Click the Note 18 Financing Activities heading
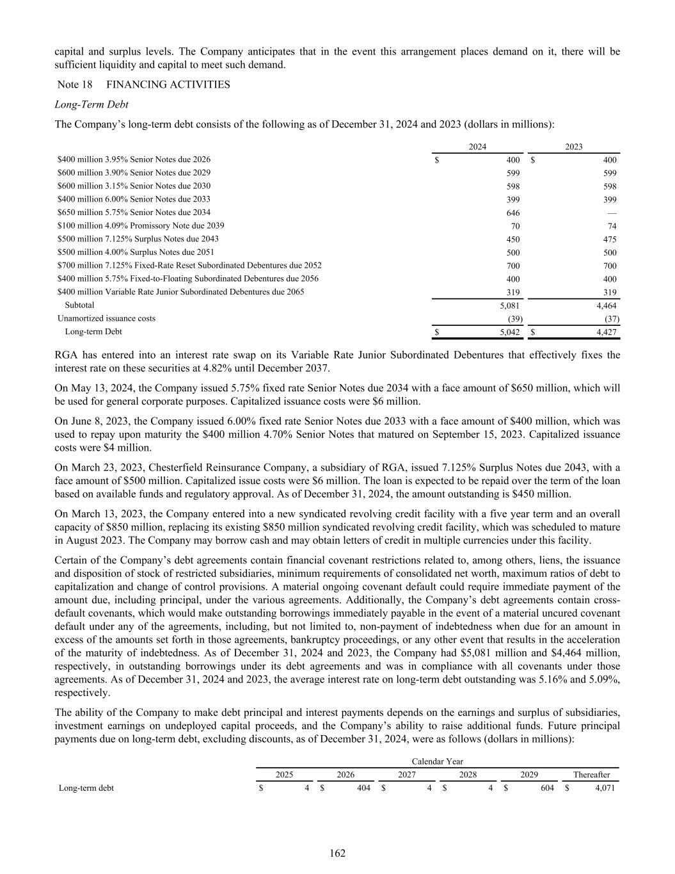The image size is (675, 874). [x=143, y=85]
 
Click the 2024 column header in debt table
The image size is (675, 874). [x=477, y=147]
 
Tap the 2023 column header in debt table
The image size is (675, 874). [x=574, y=147]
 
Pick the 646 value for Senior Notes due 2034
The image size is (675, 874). [x=513, y=213]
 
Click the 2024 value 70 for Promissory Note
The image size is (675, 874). [x=516, y=226]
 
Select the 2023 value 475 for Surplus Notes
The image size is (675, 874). [x=610, y=239]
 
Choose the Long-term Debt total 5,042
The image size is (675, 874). [x=509, y=332]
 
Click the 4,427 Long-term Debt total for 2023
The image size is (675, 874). [x=606, y=332]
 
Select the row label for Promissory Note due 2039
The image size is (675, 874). [x=141, y=225]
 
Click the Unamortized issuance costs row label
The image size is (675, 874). [x=106, y=318]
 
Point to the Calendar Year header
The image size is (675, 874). [x=438, y=761]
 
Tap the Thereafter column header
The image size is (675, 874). [x=591, y=775]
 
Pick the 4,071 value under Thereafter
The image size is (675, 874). [x=605, y=788]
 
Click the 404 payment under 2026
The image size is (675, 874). [x=363, y=788]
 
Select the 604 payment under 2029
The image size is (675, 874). [x=547, y=788]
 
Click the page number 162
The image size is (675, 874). [x=338, y=853]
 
